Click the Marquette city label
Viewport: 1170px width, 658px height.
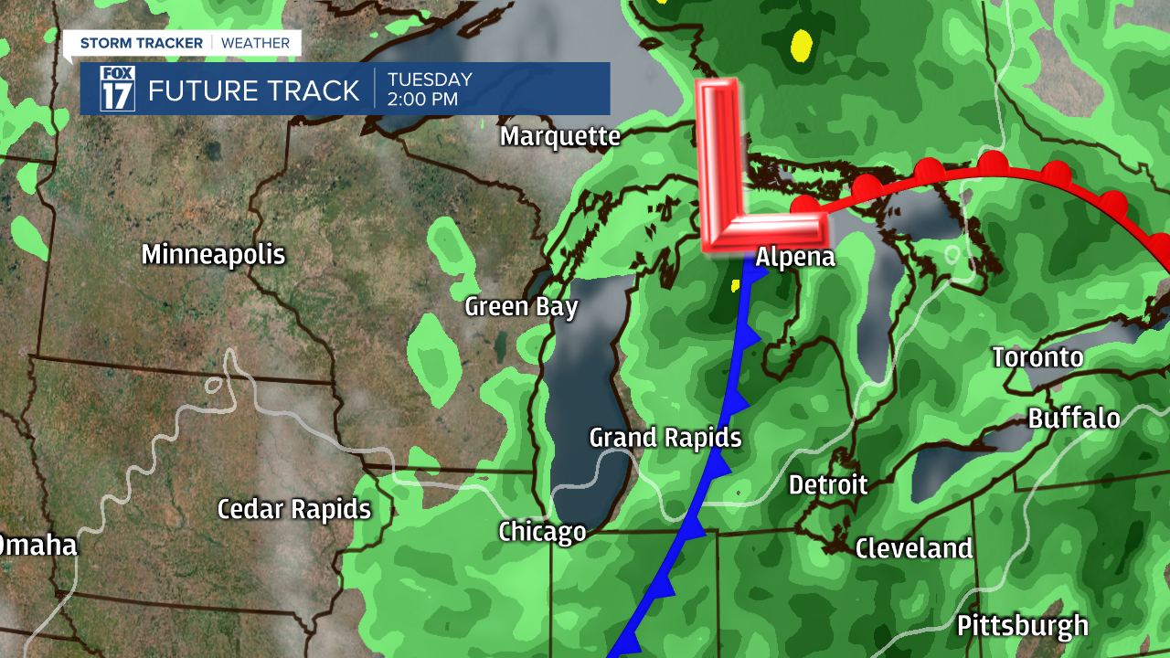coord(559,137)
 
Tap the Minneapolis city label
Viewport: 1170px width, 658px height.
coord(213,255)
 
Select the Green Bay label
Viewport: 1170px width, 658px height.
coord(521,306)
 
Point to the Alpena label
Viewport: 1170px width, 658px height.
coord(795,258)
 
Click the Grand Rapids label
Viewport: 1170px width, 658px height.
coord(665,438)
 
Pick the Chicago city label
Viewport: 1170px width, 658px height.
coord(542,532)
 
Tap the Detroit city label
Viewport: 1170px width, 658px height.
coord(827,484)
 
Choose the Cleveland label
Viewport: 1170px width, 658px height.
coord(913,548)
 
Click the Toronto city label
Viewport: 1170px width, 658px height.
coord(1037,357)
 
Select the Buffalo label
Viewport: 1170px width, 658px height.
coord(1073,419)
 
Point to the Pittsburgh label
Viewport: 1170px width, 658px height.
coord(1022,626)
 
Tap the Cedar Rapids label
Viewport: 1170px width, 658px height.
coord(293,509)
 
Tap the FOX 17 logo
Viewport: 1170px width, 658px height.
coord(117,89)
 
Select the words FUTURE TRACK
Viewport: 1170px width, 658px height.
coord(253,90)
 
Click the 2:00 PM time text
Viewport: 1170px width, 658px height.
coord(422,100)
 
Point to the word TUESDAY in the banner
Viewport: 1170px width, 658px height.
coord(429,80)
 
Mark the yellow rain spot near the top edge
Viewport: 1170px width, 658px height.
coord(801,44)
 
